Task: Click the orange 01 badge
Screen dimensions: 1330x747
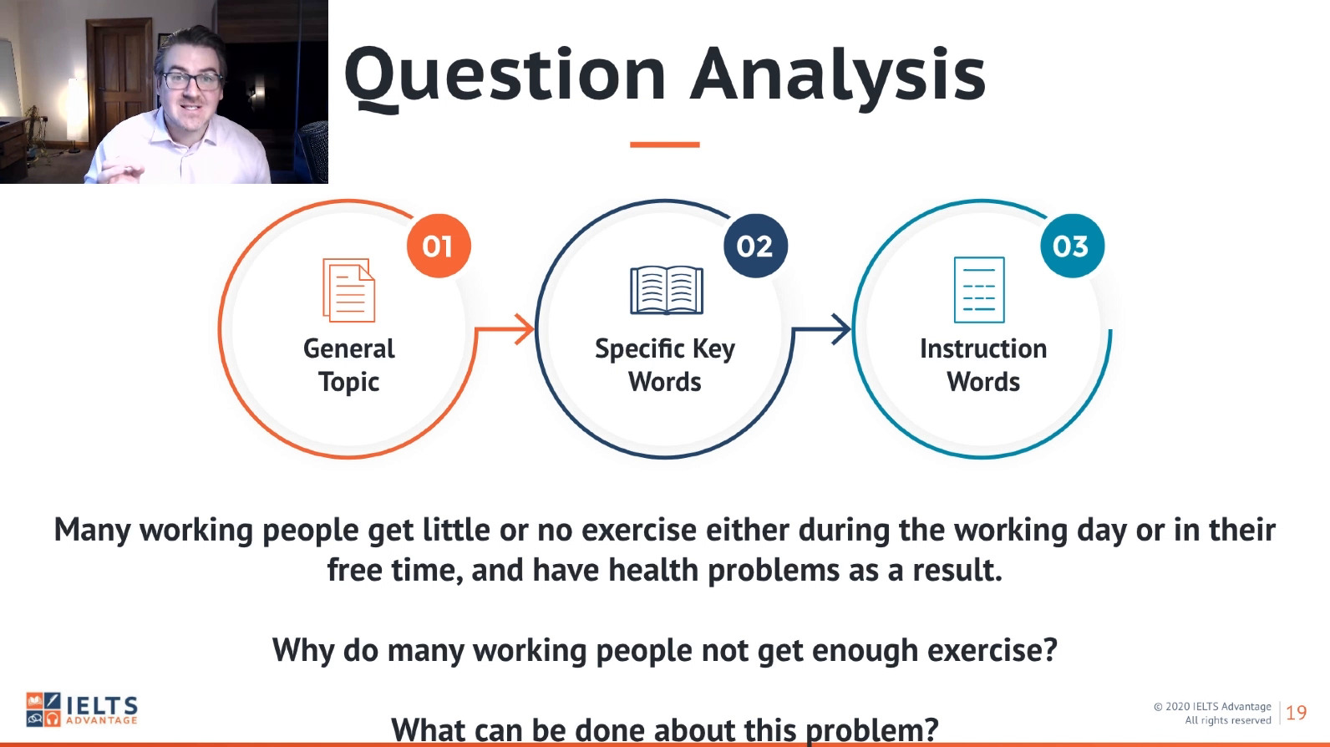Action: pos(439,246)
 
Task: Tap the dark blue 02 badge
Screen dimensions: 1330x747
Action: pos(755,246)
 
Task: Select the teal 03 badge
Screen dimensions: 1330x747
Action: pos(1073,246)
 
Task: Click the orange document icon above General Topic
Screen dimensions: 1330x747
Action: pos(349,291)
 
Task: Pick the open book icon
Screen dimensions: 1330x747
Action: pos(666,291)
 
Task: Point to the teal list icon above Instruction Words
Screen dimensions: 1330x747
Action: pos(979,290)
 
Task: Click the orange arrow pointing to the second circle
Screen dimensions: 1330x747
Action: pos(505,328)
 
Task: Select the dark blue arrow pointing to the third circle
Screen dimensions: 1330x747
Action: pos(822,328)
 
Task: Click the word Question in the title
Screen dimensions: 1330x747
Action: pos(505,77)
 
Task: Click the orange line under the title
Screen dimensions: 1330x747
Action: pos(665,145)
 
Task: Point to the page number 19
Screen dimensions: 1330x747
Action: pos(1296,713)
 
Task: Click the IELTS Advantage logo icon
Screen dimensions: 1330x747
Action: pos(43,709)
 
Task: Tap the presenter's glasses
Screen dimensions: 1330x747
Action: pos(192,80)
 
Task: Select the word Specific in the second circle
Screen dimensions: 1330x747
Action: pos(639,349)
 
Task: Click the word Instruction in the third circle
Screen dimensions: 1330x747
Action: pos(983,349)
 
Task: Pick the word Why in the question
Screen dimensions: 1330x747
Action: pos(303,651)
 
